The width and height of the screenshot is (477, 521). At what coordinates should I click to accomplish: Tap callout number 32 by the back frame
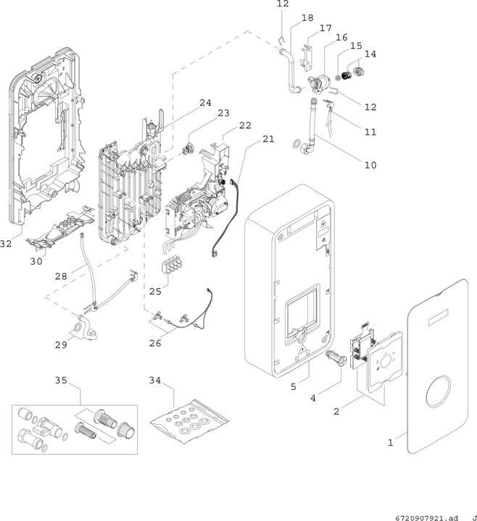click(6, 244)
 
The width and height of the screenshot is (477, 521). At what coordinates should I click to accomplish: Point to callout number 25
click(155, 292)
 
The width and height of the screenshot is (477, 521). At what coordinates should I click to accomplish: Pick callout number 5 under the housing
click(294, 387)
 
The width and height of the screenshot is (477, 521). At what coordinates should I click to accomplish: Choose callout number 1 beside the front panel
click(390, 442)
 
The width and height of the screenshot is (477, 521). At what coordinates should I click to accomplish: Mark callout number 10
click(370, 165)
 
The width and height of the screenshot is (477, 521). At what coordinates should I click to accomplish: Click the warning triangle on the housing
click(300, 346)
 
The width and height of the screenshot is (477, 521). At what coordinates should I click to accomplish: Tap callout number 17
click(325, 27)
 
